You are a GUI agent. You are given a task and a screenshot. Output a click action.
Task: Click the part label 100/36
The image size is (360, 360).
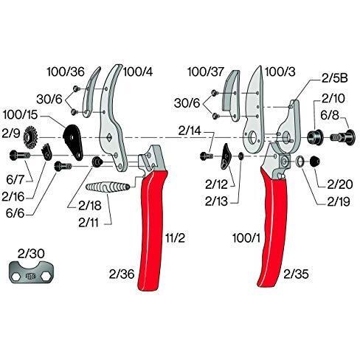(x=66, y=72)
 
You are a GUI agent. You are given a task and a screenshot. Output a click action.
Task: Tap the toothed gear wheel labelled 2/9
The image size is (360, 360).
(x=30, y=137)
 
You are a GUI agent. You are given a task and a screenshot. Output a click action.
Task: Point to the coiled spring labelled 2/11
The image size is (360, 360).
(x=108, y=187)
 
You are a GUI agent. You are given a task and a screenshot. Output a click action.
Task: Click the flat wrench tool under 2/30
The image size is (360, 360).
(x=32, y=272)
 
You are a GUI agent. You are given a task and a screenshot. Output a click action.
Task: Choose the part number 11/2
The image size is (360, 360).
(x=175, y=238)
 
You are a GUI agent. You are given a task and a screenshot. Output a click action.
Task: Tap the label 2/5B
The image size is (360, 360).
(x=335, y=78)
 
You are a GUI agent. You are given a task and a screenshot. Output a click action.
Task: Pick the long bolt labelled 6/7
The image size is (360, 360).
(x=20, y=156)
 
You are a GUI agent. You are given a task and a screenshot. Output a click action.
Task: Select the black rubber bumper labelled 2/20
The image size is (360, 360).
(x=314, y=162)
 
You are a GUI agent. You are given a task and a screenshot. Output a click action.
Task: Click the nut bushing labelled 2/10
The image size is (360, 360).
(x=316, y=136)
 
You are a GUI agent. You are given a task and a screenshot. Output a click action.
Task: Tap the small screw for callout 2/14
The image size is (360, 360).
(x=206, y=156)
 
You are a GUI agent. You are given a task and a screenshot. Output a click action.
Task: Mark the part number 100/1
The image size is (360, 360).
(x=246, y=238)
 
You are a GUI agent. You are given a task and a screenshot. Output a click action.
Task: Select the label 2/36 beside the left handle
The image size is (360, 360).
(x=122, y=274)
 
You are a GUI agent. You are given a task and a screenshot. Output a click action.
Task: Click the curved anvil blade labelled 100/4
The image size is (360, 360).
(x=112, y=118)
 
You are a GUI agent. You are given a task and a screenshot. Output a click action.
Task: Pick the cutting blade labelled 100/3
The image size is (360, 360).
(x=254, y=111)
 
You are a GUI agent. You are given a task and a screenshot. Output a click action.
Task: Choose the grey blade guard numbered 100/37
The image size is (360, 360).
(x=231, y=95)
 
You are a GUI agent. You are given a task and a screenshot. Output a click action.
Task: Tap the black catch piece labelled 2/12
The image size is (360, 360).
(x=226, y=156)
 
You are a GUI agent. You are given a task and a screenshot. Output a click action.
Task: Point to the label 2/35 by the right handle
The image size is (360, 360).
(x=296, y=274)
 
